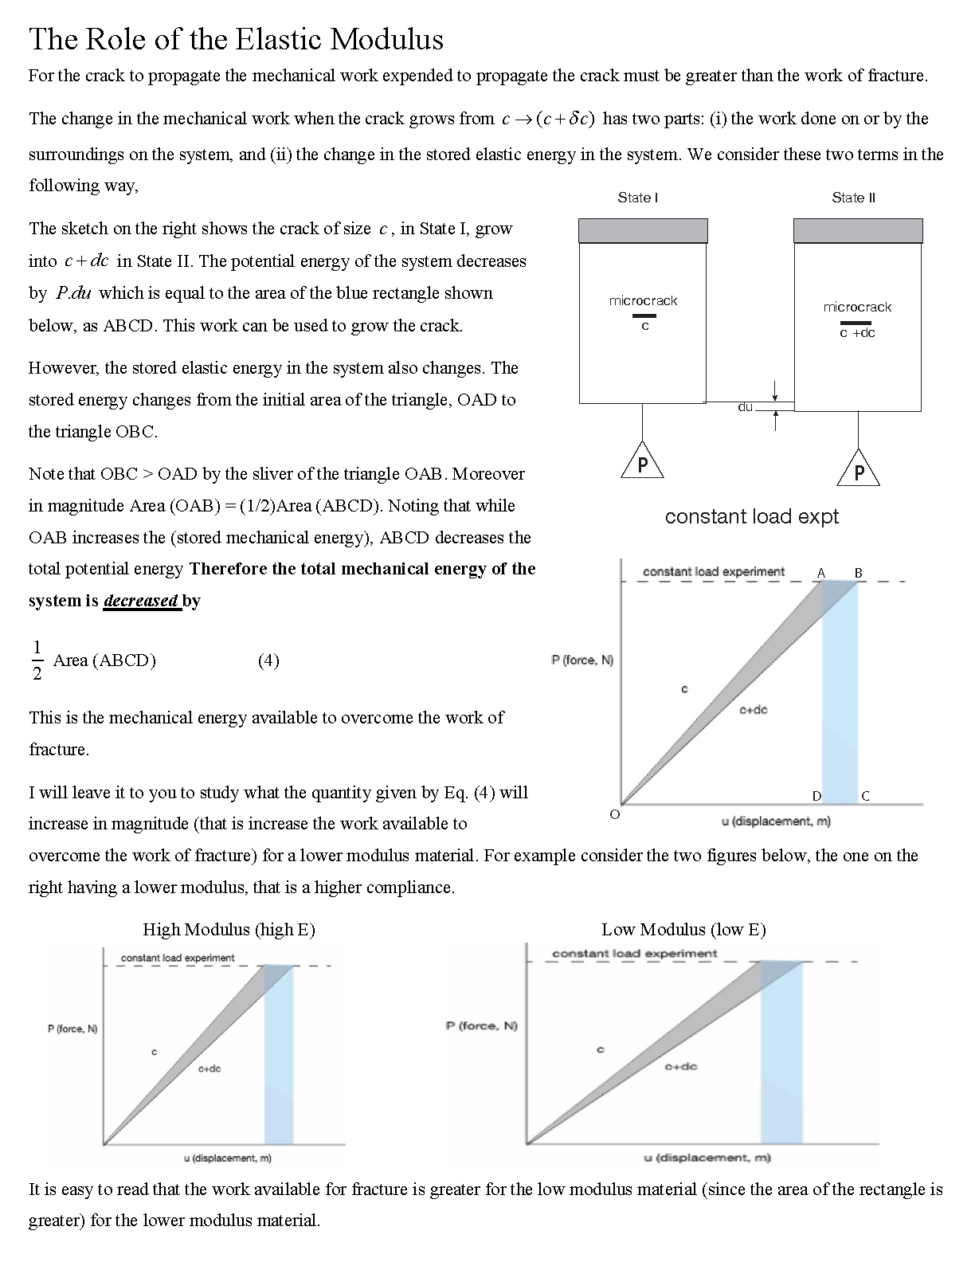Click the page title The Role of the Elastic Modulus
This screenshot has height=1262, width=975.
(x=236, y=39)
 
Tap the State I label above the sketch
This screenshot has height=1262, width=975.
(x=637, y=198)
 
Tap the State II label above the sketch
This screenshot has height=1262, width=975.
(x=853, y=198)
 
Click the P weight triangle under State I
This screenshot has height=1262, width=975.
(x=642, y=464)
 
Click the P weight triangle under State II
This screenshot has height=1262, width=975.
(x=859, y=471)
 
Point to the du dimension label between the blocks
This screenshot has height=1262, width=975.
(x=745, y=407)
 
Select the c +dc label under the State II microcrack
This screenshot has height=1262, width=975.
(x=857, y=333)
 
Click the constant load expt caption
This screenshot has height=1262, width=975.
(x=751, y=516)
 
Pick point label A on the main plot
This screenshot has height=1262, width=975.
(x=821, y=573)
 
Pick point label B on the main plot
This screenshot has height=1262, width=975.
(x=858, y=573)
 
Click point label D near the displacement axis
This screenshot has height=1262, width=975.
(x=816, y=795)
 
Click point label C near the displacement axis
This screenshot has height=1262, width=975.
(x=865, y=795)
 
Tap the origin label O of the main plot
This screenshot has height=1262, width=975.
(x=614, y=814)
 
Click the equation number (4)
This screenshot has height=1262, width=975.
(x=268, y=660)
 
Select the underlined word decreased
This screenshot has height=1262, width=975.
(x=140, y=601)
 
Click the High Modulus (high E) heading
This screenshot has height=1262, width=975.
(x=229, y=929)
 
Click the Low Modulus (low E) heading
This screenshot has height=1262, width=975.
(x=683, y=929)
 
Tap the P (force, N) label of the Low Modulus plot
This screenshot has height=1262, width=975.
(x=481, y=1025)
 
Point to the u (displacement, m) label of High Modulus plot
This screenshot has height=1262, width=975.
(x=227, y=1158)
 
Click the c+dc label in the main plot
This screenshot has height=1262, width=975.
(x=753, y=709)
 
